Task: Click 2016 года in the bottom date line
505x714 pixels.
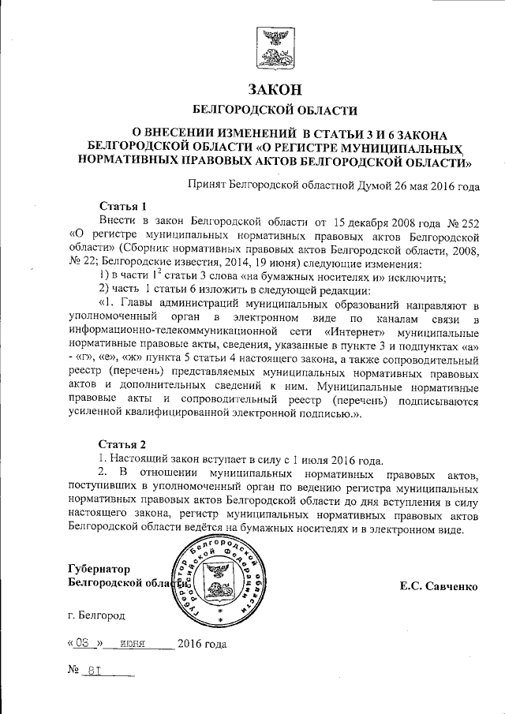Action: point(203,643)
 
